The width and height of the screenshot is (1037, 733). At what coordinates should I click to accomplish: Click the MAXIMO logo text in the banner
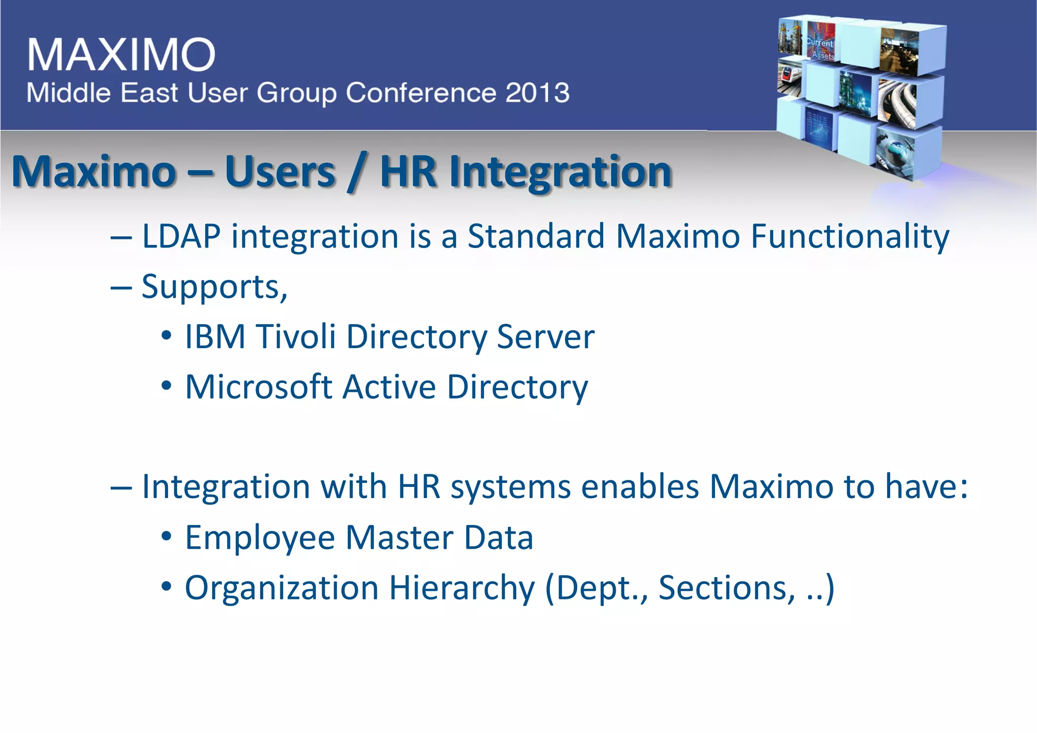click(x=122, y=54)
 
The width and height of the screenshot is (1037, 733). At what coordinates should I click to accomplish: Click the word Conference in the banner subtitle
click(x=421, y=93)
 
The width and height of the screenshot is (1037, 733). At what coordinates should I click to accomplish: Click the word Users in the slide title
click(x=280, y=172)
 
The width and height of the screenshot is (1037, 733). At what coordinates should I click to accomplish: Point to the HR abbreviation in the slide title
click(x=408, y=172)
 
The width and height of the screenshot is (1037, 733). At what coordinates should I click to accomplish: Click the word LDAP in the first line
click(x=181, y=236)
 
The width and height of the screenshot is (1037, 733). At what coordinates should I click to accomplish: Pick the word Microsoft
click(x=258, y=387)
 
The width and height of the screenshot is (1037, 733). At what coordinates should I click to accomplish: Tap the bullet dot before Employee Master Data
click(x=167, y=537)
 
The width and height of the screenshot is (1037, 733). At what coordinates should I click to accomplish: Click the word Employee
click(x=260, y=538)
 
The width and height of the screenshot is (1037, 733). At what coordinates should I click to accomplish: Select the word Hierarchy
click(x=461, y=588)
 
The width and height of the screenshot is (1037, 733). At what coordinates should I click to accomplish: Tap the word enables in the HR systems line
click(x=640, y=487)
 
